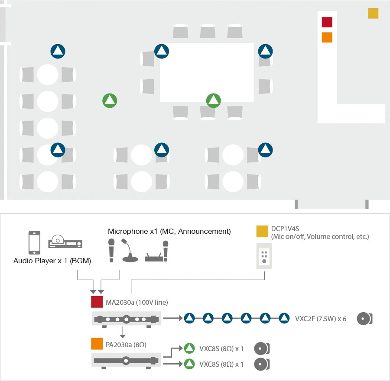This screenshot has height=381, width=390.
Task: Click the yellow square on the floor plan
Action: [373, 13]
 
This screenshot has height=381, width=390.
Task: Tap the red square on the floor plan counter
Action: [327, 22]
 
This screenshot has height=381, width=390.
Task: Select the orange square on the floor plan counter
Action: [327, 37]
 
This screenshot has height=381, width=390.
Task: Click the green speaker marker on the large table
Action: [213, 100]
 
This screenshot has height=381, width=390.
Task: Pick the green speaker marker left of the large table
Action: [110, 100]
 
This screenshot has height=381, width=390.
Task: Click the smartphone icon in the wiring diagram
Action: [34, 242]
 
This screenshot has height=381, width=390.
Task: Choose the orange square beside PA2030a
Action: [96, 344]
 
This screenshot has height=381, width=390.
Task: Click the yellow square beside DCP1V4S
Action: [262, 231]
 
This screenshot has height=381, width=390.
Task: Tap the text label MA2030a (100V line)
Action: [136, 302]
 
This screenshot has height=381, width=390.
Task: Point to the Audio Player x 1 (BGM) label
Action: [52, 261]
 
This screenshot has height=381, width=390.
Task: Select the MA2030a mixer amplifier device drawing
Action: [126, 319]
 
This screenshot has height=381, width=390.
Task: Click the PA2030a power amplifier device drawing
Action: [126, 360]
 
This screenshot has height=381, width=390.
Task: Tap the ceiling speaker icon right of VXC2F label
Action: [364, 319]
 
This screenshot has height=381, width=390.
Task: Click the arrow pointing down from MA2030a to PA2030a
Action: [123, 333]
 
